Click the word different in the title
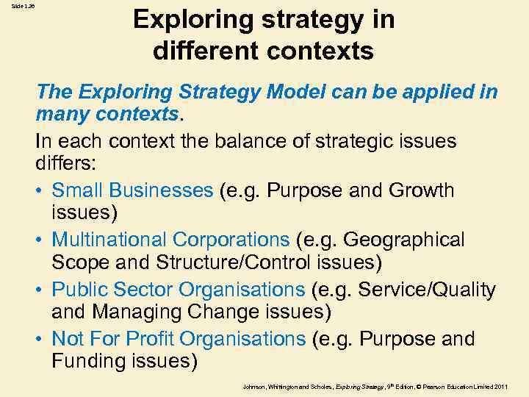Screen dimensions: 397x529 pyautogui.click(x=200, y=51)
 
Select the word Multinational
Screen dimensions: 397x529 pyautogui.click(x=109, y=240)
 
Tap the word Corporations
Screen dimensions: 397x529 pyautogui.click(x=231, y=240)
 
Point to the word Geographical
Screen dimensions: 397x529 pyautogui.click(x=403, y=240)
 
